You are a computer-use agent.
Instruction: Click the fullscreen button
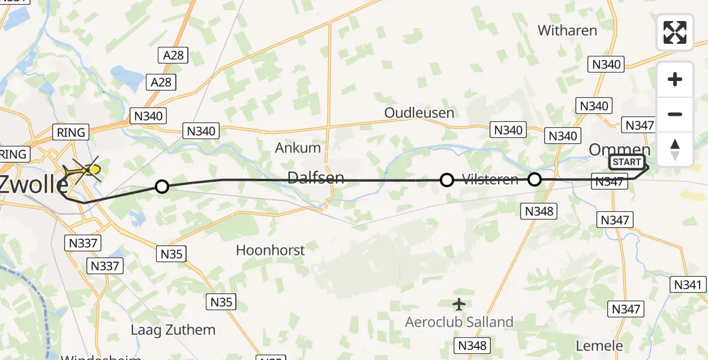675,32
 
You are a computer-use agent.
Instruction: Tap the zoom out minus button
675,114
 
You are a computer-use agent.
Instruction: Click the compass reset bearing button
675,149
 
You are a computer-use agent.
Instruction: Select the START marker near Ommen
626,162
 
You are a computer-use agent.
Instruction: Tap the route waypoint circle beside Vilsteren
447,179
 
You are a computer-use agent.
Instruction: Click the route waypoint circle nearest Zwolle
161,187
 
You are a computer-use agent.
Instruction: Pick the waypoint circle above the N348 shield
534,179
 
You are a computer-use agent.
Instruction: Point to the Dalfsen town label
316,177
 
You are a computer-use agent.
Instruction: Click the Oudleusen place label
419,113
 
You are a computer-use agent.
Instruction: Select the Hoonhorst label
271,250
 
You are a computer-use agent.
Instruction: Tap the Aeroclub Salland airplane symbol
459,304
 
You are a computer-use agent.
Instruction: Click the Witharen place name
568,31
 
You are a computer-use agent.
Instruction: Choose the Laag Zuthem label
173,329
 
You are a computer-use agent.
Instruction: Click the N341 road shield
687,285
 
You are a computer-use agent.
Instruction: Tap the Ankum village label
298,148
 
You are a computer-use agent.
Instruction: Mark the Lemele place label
599,346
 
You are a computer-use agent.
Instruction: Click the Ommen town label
620,149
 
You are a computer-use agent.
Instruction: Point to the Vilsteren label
490,179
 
